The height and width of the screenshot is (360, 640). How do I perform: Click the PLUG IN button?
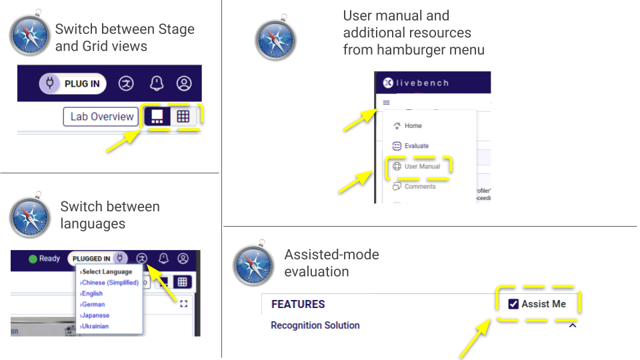tap(73, 83)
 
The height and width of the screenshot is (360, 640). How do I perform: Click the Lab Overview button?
tap(101, 117)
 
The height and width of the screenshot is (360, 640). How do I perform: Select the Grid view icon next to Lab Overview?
tap(183, 117)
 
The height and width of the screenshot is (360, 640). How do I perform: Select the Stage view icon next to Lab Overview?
tap(157, 117)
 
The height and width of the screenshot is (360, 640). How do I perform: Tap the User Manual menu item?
tap(421, 166)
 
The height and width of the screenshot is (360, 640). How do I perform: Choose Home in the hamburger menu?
tap(413, 125)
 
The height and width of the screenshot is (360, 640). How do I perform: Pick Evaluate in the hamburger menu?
tap(416, 145)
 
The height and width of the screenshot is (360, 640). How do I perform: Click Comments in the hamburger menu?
tap(419, 187)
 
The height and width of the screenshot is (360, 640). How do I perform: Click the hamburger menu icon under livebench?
tap(386, 103)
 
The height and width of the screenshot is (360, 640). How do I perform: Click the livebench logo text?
tap(422, 83)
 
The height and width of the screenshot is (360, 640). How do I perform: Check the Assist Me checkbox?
tap(513, 304)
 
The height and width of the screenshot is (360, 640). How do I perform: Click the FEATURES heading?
tap(298, 304)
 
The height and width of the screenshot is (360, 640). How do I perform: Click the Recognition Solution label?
tap(315, 325)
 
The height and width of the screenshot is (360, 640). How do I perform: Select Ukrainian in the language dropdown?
tap(95, 326)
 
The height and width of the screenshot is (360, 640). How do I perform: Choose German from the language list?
tap(93, 304)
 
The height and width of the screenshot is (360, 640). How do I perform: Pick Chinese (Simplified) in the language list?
tap(110, 283)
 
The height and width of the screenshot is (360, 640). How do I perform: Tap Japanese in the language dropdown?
tap(95, 315)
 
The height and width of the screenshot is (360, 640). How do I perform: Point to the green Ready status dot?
tap(33, 259)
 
